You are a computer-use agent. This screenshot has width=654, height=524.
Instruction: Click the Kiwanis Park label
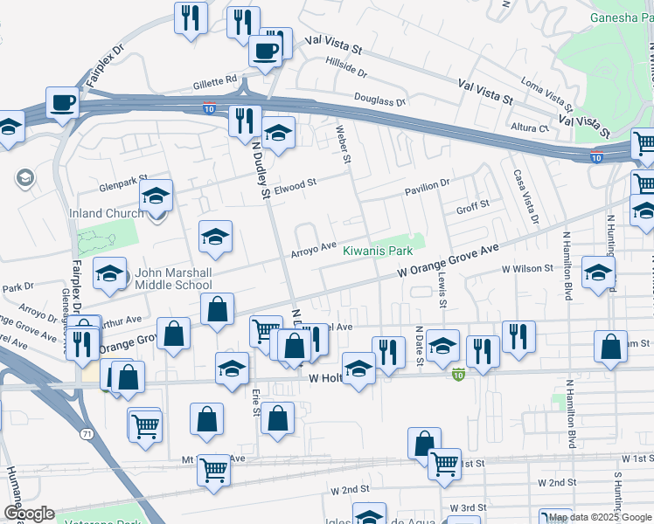tap(377, 251)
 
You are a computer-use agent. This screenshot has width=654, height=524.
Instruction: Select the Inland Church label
tap(107, 213)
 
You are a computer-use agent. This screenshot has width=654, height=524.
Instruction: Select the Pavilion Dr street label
tap(426, 183)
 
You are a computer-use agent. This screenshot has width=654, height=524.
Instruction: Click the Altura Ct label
tap(530, 128)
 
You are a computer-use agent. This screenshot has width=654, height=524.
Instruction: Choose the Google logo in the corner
tap(29, 514)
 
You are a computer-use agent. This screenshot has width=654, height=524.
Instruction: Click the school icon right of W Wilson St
tap(598, 273)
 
